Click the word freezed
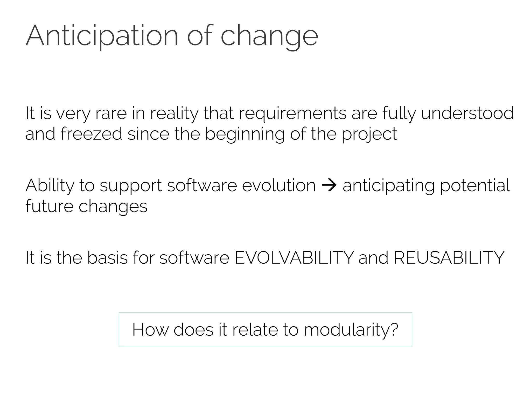[x=91, y=134]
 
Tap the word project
[x=369, y=134]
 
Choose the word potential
[x=475, y=186]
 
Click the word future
[x=50, y=206]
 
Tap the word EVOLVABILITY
[x=294, y=258]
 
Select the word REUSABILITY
[x=449, y=258]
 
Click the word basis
[x=107, y=258]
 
